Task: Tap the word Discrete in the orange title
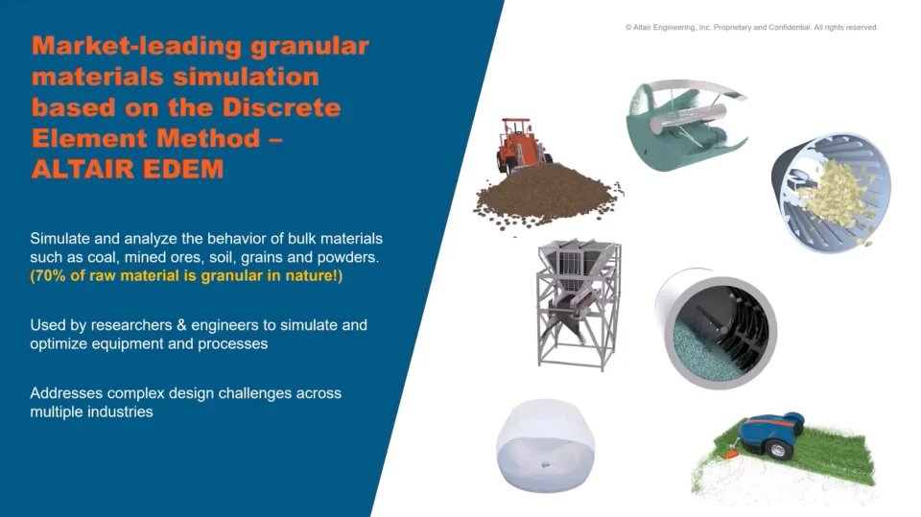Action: (281, 107)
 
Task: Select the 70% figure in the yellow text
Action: (50, 275)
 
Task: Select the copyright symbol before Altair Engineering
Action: (628, 28)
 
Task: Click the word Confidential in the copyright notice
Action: (793, 28)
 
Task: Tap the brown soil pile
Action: (546, 197)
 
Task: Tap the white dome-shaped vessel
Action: (545, 444)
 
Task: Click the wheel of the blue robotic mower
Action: (777, 450)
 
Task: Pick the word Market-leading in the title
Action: (136, 46)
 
